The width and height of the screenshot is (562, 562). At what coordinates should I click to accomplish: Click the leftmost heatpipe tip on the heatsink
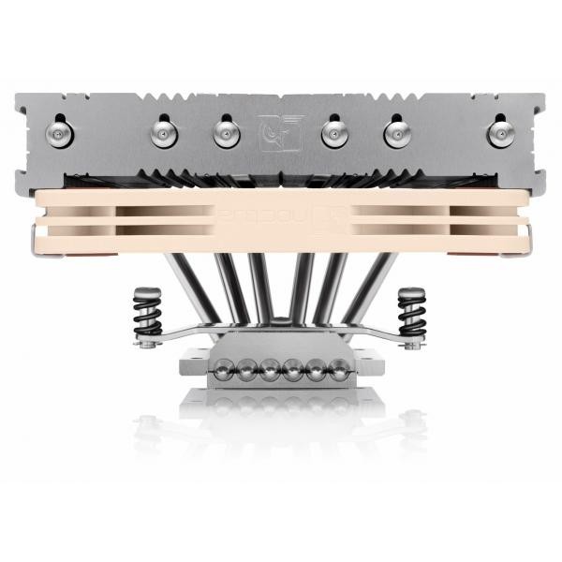point(63,133)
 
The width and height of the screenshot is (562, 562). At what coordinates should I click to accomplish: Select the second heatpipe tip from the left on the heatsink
point(164,134)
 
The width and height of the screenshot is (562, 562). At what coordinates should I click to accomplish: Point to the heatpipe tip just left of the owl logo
point(227,134)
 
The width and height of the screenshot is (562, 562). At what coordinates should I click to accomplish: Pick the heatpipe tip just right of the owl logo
point(335,134)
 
